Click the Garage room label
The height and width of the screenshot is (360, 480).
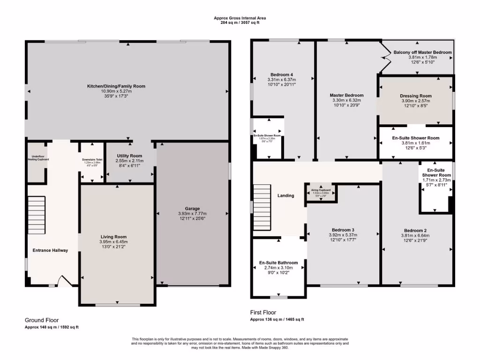[x=192, y=209]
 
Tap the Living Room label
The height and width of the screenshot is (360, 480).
[x=113, y=237]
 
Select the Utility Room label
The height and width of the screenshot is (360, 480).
[x=129, y=156]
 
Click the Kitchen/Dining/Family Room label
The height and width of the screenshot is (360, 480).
[x=116, y=86]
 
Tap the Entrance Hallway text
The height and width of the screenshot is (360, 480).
[x=50, y=250]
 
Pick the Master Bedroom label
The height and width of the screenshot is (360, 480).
[x=346, y=95]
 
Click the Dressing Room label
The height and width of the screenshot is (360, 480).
[x=416, y=96]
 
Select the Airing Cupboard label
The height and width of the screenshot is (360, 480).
[x=321, y=190]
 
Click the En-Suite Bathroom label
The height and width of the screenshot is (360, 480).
[x=278, y=262]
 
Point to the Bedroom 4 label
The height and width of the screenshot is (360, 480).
[x=282, y=75]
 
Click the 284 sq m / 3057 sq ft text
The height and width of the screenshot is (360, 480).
[x=240, y=22]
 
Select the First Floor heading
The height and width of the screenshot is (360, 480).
[x=263, y=312]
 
